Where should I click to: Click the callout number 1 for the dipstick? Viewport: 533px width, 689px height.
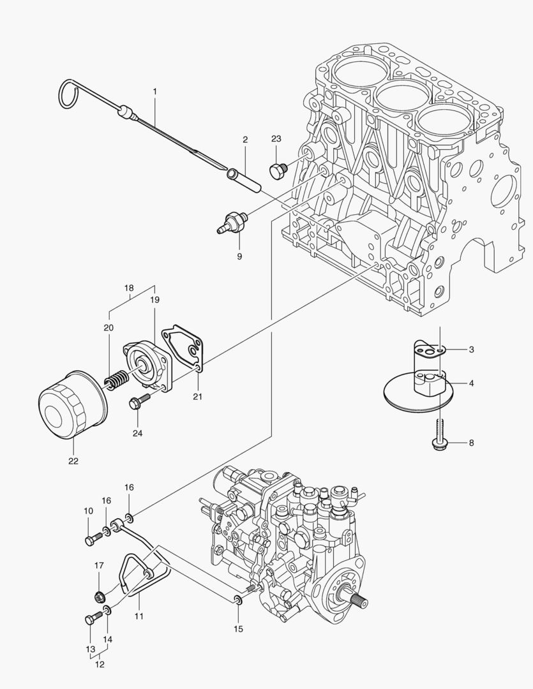coord(154,92)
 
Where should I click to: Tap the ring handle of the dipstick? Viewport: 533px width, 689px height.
coord(68,94)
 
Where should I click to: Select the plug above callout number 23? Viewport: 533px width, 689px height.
coord(278,170)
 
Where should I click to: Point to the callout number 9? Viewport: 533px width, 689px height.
coord(239,256)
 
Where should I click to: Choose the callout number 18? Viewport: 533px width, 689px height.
coord(130,287)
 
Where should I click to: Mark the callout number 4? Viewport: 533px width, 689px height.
coord(471,383)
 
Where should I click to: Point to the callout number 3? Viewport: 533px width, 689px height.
coord(471,350)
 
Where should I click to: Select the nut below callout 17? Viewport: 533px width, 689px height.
coord(100,597)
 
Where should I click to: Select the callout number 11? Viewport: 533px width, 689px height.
coord(139,616)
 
